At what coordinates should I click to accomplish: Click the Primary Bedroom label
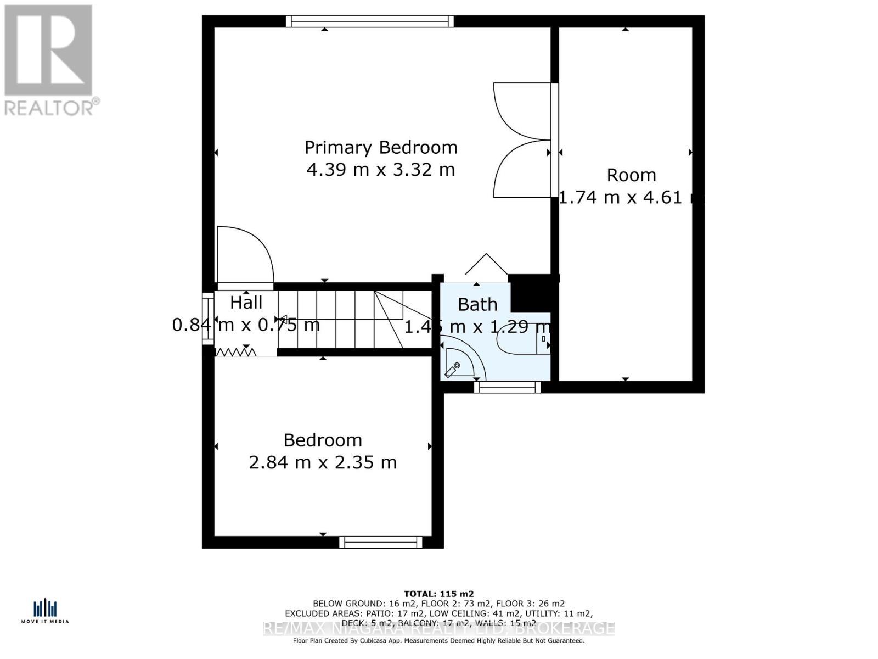click(x=381, y=147)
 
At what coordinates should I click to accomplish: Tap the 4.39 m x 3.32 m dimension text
click(x=381, y=170)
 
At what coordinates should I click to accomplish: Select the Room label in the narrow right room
click(x=631, y=175)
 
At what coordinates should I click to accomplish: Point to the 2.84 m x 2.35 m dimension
click(x=323, y=462)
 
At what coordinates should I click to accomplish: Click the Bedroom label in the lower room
click(x=323, y=440)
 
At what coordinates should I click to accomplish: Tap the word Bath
click(x=477, y=304)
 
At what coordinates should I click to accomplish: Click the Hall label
click(x=246, y=303)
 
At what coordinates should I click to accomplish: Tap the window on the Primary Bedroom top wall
click(x=370, y=21)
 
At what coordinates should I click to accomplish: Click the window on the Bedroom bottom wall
click(x=381, y=543)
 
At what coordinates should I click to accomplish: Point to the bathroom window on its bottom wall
click(x=508, y=387)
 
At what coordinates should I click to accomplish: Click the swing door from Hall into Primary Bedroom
click(x=244, y=257)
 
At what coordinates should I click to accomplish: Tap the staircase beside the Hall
click(x=340, y=320)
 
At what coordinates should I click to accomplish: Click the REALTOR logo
click(x=49, y=60)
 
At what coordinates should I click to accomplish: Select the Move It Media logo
click(x=45, y=611)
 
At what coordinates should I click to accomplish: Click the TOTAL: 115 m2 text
click(x=438, y=594)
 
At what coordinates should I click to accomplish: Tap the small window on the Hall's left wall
click(x=207, y=319)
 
